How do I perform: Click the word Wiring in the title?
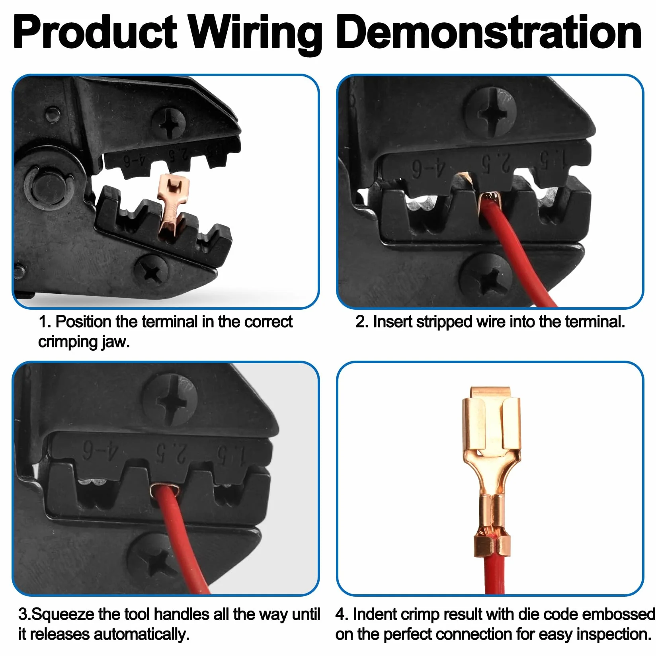click(255, 34)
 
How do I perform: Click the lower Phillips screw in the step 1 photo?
click(151, 271)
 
